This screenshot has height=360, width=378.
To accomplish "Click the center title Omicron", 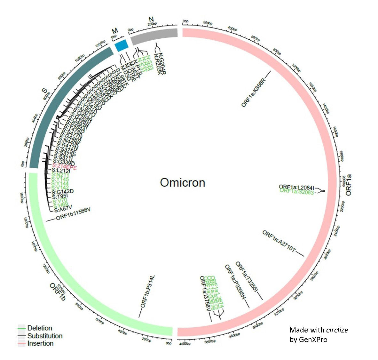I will (182, 183).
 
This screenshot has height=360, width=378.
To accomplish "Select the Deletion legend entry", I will (39, 328).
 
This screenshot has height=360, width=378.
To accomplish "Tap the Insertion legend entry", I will (40, 343).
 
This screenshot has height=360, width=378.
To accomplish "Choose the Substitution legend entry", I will (45, 336).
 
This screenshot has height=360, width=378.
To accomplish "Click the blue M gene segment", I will (121, 45).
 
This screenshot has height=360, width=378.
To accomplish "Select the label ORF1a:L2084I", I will (296, 187).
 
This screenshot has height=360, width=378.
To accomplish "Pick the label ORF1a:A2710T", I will (279, 241).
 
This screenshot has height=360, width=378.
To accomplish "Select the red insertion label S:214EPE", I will (64, 167).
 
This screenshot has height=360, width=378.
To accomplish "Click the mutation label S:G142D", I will (63, 191).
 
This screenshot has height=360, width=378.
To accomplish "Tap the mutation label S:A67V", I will (63, 210).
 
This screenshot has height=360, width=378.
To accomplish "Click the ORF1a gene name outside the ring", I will (348, 185).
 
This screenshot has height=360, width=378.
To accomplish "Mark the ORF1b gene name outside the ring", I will (58, 292).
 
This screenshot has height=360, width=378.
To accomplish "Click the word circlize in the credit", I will (337, 330).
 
